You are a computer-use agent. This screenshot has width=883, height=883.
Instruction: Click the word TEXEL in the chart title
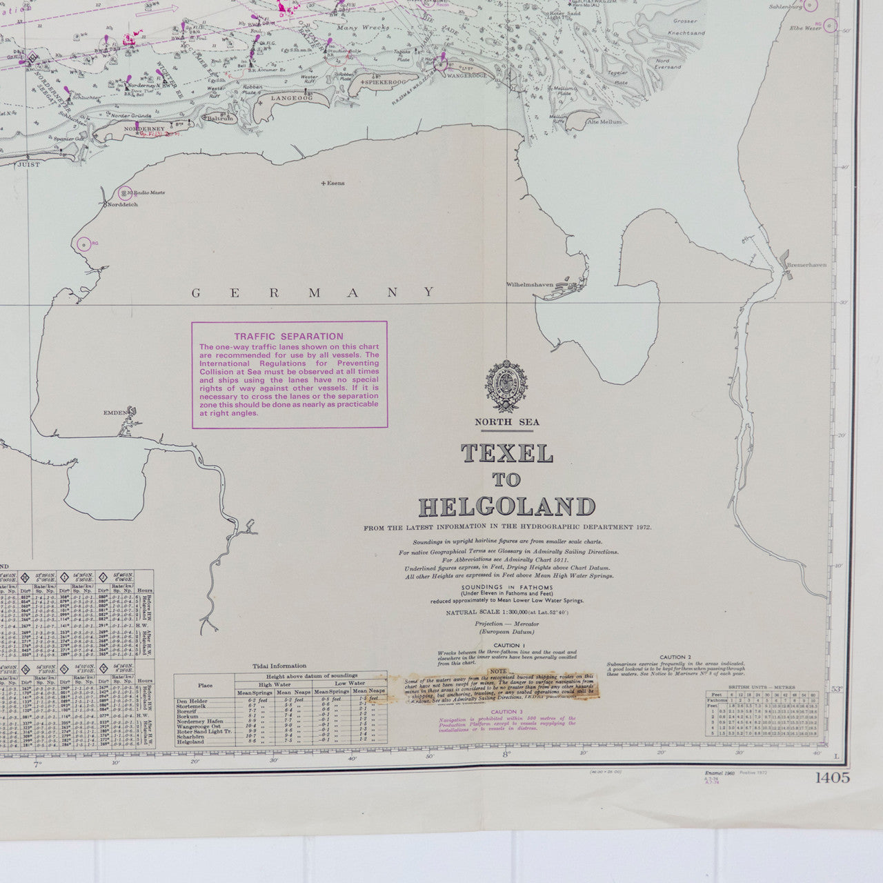507,453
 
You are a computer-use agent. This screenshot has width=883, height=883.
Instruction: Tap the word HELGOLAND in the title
507,507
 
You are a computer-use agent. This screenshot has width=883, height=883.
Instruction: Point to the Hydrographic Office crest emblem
507,387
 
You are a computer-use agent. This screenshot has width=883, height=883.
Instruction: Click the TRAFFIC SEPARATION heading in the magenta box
288,336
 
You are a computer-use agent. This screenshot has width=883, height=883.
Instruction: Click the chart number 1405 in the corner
833,778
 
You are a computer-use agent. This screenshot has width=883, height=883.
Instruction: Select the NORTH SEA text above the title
507,421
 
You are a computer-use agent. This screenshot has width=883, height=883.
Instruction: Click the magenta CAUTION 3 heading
507,711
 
